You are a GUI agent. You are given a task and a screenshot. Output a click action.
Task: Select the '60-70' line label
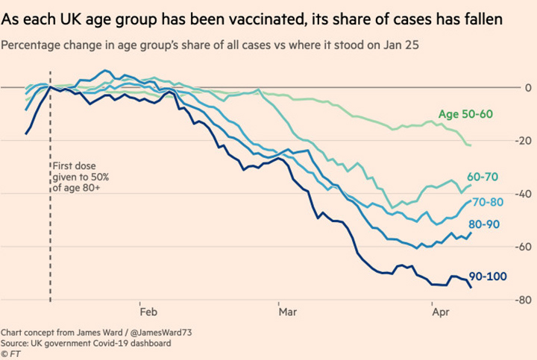484,177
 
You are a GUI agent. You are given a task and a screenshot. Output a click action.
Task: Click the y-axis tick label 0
527,87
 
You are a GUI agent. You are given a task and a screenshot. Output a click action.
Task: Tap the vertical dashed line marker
49,224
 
